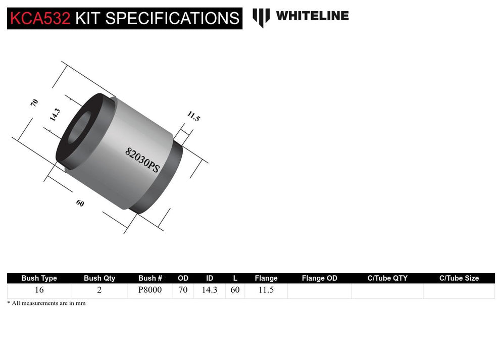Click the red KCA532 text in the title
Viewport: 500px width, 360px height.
click(x=40, y=18)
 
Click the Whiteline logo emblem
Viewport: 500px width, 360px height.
click(x=261, y=17)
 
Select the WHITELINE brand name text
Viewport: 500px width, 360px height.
click(x=312, y=16)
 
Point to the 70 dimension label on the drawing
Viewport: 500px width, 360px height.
click(x=34, y=102)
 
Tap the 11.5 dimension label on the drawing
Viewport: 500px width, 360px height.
click(x=193, y=117)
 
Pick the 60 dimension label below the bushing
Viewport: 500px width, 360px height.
click(x=80, y=203)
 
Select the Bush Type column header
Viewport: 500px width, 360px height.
click(x=39, y=278)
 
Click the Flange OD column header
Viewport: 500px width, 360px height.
click(x=319, y=278)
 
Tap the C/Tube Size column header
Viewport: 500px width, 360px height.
click(x=459, y=278)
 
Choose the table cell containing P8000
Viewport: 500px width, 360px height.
click(x=150, y=290)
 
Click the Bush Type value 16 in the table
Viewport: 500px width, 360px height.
click(x=39, y=290)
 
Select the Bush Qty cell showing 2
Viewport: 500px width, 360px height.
click(x=99, y=290)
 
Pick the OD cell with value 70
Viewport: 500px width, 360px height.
click(x=183, y=290)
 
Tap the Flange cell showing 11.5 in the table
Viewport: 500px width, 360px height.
click(x=266, y=290)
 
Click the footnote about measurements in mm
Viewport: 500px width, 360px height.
click(x=46, y=303)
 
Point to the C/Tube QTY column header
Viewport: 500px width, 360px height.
click(x=387, y=278)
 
